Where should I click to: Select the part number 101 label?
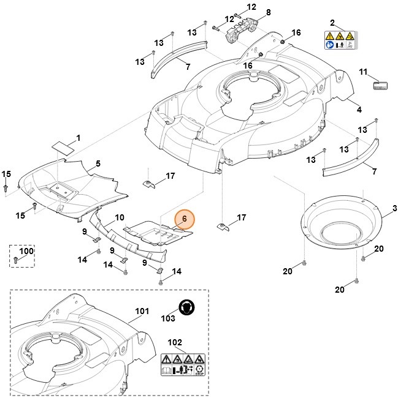(142, 311)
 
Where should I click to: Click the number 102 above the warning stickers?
(175, 342)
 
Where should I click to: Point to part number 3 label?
(394, 209)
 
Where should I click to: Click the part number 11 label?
(363, 72)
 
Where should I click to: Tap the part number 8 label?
(268, 12)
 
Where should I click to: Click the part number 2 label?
(332, 23)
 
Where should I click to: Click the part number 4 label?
(359, 110)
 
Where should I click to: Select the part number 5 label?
(98, 164)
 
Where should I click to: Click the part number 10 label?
(120, 217)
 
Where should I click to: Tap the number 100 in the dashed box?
(26, 251)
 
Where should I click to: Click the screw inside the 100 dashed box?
(15, 261)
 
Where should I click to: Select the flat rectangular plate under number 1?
(63, 146)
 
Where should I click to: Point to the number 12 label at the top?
(251, 7)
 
